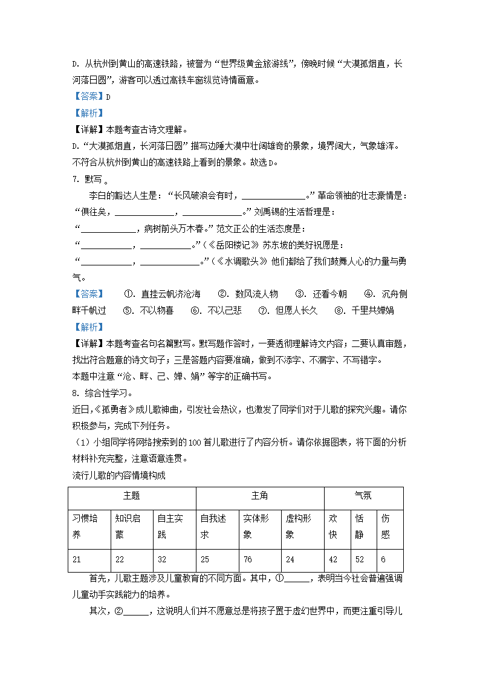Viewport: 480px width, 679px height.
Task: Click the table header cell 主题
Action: pyautogui.click(x=132, y=496)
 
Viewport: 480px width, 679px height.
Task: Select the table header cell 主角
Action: pyautogui.click(x=259, y=496)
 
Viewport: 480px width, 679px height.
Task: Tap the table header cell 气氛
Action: pyautogui.click(x=363, y=496)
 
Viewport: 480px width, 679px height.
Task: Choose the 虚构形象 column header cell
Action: pyautogui.click(x=302, y=526)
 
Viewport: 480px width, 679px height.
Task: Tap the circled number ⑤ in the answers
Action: pyautogui.click(x=128, y=310)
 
